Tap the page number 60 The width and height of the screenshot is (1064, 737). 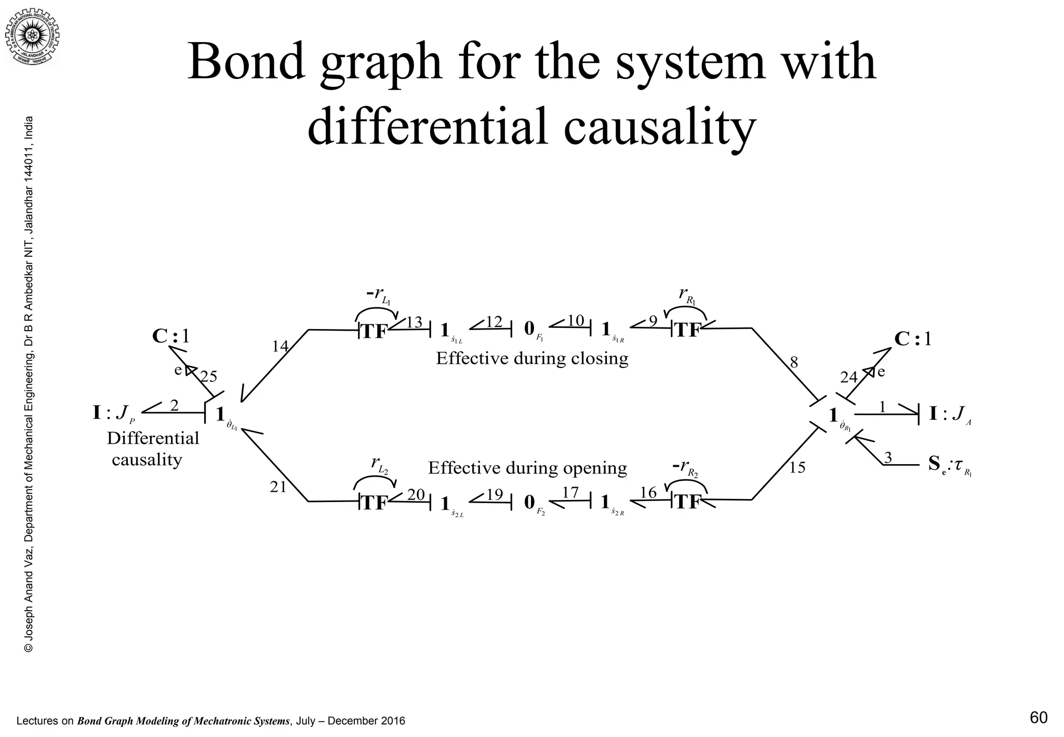coord(1038,718)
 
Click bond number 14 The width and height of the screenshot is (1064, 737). coord(280,346)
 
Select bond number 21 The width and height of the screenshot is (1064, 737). coord(278,487)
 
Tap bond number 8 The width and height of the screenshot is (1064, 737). coord(793,363)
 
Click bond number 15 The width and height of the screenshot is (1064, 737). coord(797,468)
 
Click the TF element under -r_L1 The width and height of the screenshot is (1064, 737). coord(374,332)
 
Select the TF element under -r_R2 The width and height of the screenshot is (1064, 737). coord(687,503)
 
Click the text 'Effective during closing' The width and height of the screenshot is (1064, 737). coord(531,359)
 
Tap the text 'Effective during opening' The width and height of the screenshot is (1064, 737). coord(527,468)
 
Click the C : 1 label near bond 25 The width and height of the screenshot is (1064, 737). coord(171,337)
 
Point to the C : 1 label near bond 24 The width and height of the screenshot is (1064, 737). coord(913,339)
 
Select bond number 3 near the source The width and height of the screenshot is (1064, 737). coord(888,458)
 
